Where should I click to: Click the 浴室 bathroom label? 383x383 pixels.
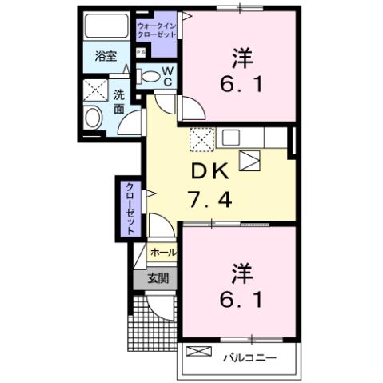(106, 57)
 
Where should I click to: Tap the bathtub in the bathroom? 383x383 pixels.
(106, 25)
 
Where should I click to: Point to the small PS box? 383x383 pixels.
(141, 53)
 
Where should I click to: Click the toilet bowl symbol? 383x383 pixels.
(150, 76)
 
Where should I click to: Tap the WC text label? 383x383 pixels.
(169, 76)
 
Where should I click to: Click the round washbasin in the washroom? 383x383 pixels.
(93, 118)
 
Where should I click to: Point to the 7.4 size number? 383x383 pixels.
(211, 198)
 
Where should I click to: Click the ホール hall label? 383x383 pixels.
(163, 252)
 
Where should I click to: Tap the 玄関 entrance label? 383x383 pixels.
(158, 279)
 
